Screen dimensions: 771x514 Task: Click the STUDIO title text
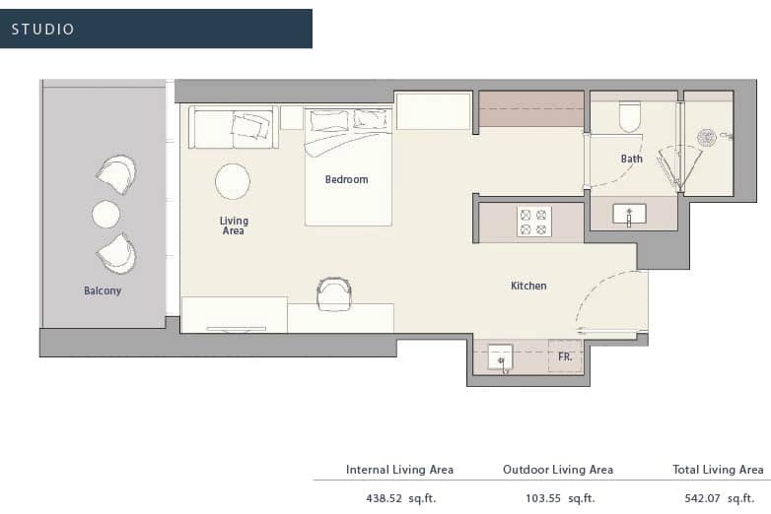(42, 30)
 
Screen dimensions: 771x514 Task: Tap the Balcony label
(103, 290)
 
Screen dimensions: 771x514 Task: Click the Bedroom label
(346, 179)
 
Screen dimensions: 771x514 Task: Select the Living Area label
(234, 225)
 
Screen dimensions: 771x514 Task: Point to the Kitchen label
(528, 286)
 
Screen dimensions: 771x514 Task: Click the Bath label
(631, 160)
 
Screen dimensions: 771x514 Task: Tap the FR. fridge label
(565, 356)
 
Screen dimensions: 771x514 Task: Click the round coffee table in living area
(233, 181)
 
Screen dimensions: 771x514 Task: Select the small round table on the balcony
(105, 214)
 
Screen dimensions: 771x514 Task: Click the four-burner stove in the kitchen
(534, 222)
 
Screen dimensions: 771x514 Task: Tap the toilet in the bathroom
(629, 117)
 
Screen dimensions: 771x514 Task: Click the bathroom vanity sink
(629, 215)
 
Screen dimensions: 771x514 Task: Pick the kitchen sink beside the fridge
(501, 357)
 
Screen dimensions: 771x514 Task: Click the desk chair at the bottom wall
(334, 293)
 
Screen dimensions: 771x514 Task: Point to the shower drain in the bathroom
(707, 138)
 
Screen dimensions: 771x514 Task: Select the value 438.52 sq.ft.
(400, 499)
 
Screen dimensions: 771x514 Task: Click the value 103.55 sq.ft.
(560, 499)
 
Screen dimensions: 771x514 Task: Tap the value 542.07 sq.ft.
(720, 499)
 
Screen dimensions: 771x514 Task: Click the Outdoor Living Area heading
(558, 470)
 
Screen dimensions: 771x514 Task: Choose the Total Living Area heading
(718, 470)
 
